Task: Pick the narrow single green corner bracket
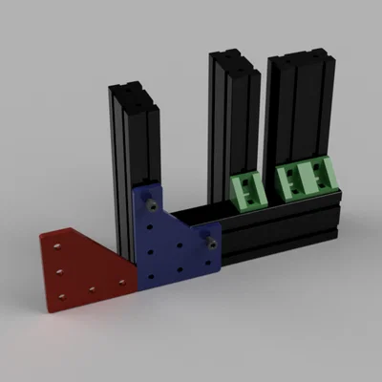[x=249, y=187]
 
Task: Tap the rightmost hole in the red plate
[x=120, y=280]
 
